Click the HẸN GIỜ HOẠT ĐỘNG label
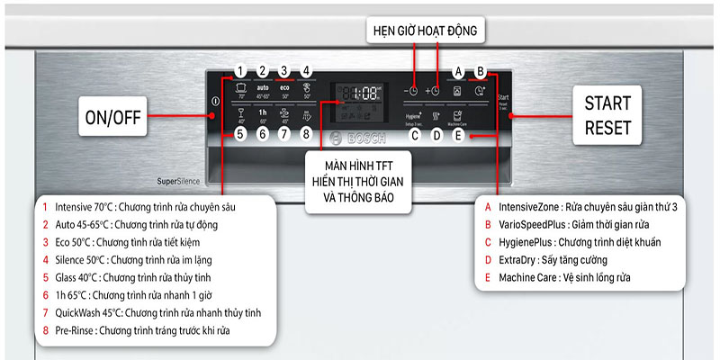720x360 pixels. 429,32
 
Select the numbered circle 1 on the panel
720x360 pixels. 240,72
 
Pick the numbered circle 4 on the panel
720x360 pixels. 306,72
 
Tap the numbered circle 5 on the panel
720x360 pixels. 240,135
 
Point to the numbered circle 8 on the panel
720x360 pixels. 306,135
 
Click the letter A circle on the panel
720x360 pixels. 458,72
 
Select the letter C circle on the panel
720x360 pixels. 415,136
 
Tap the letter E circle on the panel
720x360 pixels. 458,136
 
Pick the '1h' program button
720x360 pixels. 263,115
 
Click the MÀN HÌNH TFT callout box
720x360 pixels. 359,182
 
